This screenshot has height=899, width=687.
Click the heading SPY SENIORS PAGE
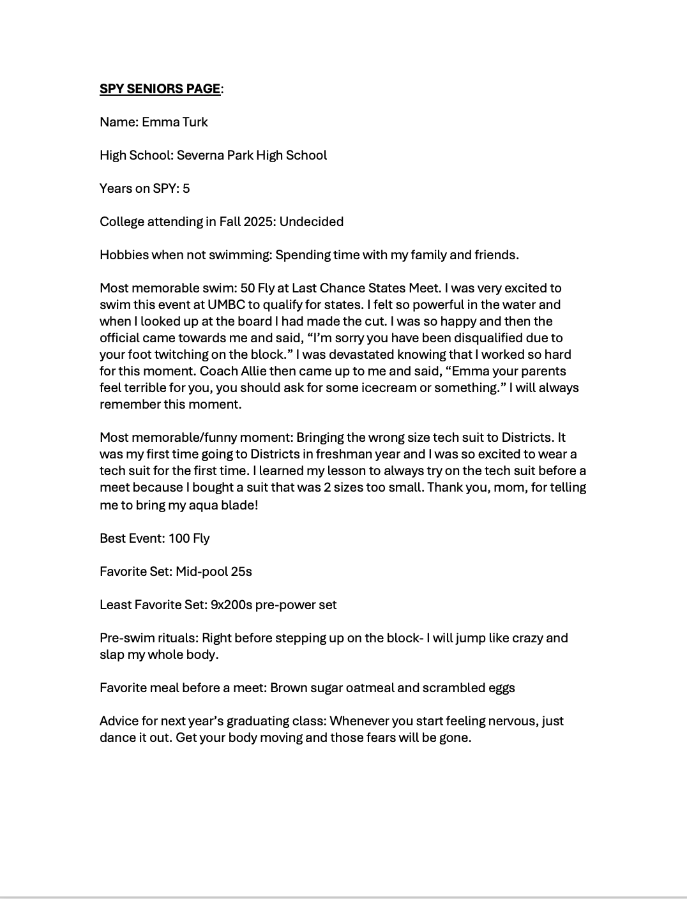click(160, 89)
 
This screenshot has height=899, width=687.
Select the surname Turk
click(195, 122)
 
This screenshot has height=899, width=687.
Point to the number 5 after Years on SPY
click(186, 188)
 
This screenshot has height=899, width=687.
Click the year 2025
click(261, 222)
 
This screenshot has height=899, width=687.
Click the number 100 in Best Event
click(179, 538)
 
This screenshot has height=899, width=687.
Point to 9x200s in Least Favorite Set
click(231, 605)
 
